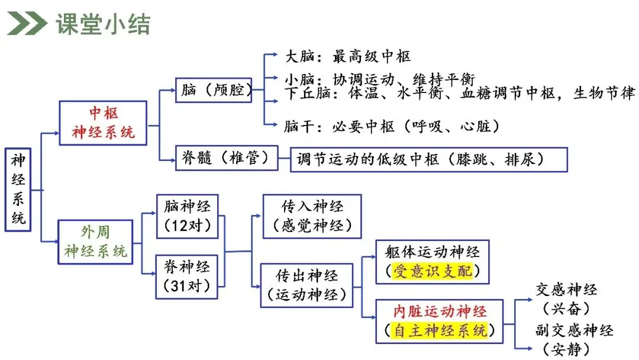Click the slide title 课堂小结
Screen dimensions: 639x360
103,24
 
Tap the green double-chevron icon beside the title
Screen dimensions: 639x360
27,24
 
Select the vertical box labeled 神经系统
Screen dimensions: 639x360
18,189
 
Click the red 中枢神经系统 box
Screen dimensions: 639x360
103,123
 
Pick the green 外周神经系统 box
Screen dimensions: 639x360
95,242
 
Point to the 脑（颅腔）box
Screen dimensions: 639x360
214,89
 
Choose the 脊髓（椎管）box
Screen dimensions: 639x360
227,157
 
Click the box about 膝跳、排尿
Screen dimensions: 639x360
429,159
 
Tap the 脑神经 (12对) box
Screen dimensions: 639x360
188,216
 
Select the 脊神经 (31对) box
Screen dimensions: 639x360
186,277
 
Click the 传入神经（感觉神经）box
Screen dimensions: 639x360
312,216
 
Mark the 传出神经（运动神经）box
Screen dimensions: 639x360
306,285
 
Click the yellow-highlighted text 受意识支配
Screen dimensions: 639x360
433,271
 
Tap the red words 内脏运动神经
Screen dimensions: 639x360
440,311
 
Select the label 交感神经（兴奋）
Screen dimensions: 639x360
566,299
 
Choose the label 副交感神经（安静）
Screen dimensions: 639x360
574,339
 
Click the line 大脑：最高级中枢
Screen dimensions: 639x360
348,56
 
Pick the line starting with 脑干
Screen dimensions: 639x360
392,126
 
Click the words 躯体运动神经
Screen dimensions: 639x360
433,252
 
